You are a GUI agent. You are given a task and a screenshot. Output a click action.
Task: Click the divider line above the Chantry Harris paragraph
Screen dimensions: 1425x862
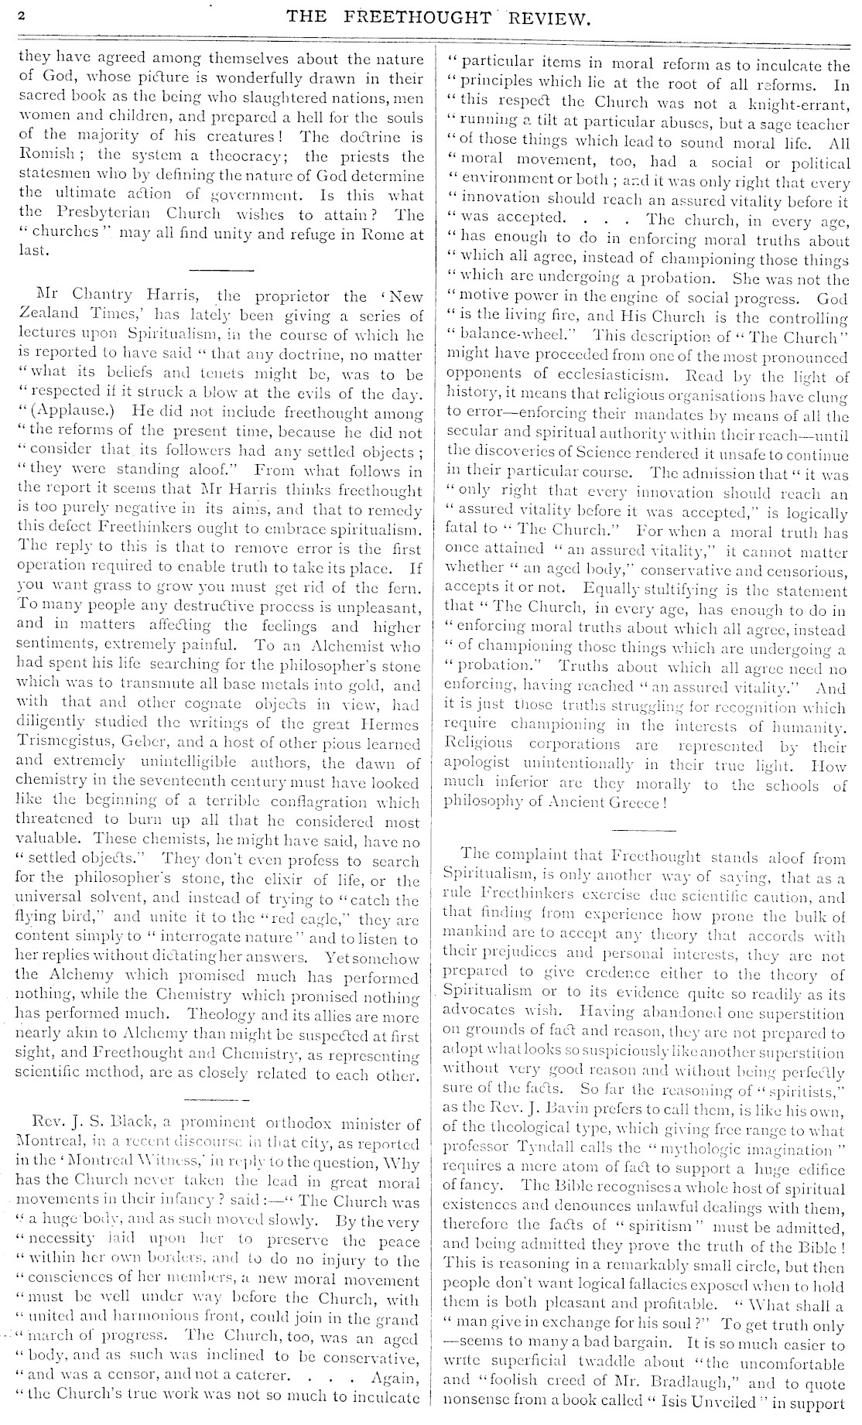(x=222, y=269)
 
